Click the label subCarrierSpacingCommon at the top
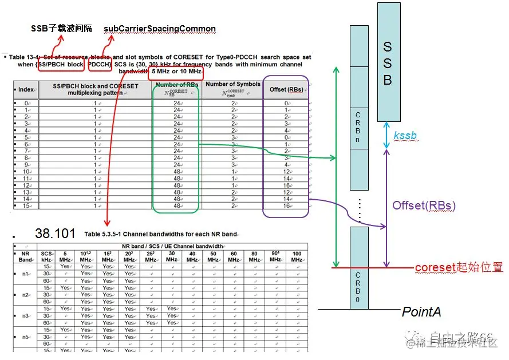(x=160, y=29)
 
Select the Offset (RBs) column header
(x=286, y=89)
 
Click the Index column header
(x=26, y=89)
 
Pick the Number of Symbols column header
(x=232, y=88)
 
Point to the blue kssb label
(x=405, y=136)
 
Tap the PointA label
(x=421, y=312)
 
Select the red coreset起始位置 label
(x=459, y=267)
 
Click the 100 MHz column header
(x=297, y=256)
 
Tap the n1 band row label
(x=25, y=274)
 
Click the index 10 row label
(x=26, y=172)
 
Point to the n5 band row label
(x=25, y=337)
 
